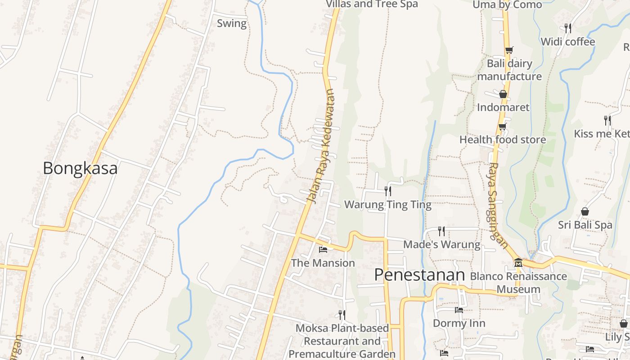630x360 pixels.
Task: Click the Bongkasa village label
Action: (x=80, y=168)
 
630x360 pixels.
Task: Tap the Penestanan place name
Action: (x=419, y=275)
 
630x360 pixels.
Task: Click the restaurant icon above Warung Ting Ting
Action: (x=387, y=191)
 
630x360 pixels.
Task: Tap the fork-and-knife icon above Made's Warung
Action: (x=441, y=231)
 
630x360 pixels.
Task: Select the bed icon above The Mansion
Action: (x=323, y=249)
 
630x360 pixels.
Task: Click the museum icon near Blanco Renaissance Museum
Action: (x=518, y=262)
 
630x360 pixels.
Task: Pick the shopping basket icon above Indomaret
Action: (x=503, y=94)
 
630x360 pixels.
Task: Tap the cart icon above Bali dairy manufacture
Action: (x=509, y=50)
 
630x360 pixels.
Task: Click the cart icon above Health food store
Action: (x=502, y=127)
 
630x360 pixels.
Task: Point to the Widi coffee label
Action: (x=567, y=42)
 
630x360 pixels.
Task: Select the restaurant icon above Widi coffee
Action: (x=568, y=28)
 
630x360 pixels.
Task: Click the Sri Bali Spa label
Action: (x=585, y=225)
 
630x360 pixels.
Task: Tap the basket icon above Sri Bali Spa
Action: (x=585, y=211)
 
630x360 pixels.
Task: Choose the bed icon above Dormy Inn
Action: (x=459, y=310)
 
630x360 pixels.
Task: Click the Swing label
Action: (x=232, y=23)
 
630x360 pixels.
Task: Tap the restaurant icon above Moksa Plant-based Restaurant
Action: (x=342, y=315)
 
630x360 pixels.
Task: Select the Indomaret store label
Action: (x=503, y=107)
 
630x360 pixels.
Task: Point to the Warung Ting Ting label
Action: (x=387, y=205)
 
